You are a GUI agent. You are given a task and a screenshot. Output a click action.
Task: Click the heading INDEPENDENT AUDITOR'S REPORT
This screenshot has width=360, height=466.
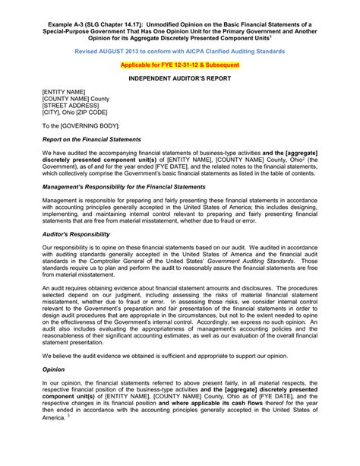[x=179, y=79]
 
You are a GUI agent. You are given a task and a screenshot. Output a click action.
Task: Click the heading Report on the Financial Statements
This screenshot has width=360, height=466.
[x=92, y=140]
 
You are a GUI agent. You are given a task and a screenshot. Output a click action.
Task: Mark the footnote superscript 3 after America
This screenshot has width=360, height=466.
[x=69, y=436]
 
